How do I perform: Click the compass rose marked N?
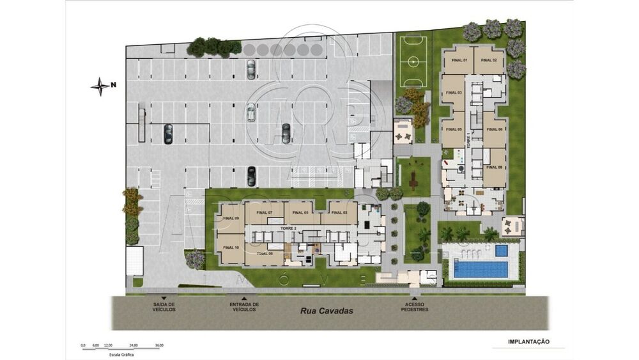tap(100, 86)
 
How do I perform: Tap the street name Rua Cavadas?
tap(327, 311)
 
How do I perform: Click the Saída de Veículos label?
tap(164, 307)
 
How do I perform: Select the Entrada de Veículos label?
tap(244, 307)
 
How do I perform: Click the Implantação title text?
tap(528, 342)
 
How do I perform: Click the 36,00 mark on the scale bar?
tap(159, 345)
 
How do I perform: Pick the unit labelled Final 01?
tap(461, 60)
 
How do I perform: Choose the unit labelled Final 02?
tap(489, 60)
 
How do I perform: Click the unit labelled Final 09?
tap(231, 219)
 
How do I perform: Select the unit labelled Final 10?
tap(231, 247)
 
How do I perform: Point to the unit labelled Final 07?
tap(265, 212)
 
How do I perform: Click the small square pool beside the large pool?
tap(502, 250)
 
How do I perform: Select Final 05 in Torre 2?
tap(302, 212)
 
